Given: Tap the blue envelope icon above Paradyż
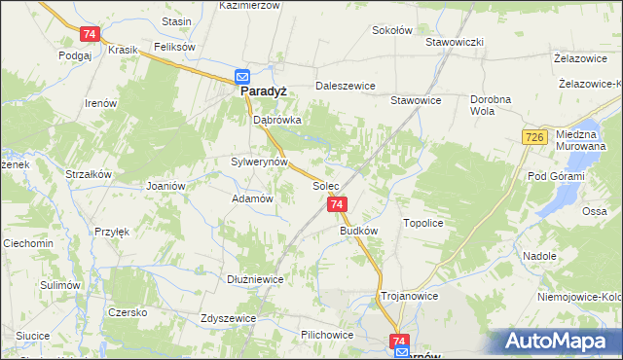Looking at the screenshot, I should point(242,77).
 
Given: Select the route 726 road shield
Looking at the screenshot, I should point(532,140).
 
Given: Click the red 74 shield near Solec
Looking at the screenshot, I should point(337,205).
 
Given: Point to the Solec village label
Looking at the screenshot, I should point(325,185).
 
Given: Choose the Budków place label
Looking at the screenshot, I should point(358,232).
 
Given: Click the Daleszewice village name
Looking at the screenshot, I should point(345,86).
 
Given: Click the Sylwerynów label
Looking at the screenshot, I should point(259,162).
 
